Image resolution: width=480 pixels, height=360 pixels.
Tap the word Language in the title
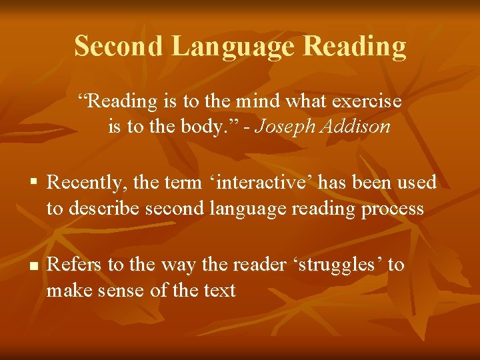[233, 46]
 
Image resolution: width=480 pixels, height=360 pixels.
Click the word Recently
[84, 182]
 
